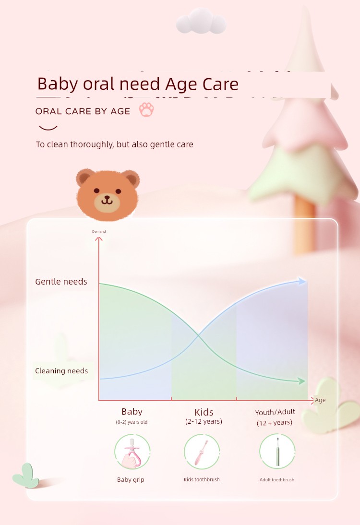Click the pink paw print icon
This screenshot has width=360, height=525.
tap(146, 109)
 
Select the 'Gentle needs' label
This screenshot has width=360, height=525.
tap(61, 282)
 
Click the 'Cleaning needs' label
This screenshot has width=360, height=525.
tap(61, 370)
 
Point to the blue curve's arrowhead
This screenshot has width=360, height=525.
tap(302, 281)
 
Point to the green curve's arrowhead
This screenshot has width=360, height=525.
tap(302, 381)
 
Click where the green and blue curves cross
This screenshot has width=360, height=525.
tap(198, 335)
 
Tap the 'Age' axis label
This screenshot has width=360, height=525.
tap(320, 400)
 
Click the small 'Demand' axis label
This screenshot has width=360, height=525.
tap(99, 231)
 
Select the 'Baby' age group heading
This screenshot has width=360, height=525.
tap(132, 411)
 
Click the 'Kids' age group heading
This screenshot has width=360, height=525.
tap(204, 412)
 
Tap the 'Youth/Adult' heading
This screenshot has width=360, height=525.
tap(275, 412)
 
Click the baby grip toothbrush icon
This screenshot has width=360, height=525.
tap(132, 452)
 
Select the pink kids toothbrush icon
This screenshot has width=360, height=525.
tap(202, 452)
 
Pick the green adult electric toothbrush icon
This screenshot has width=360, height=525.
tap(277, 452)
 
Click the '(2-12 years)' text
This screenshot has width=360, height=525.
tap(204, 421)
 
